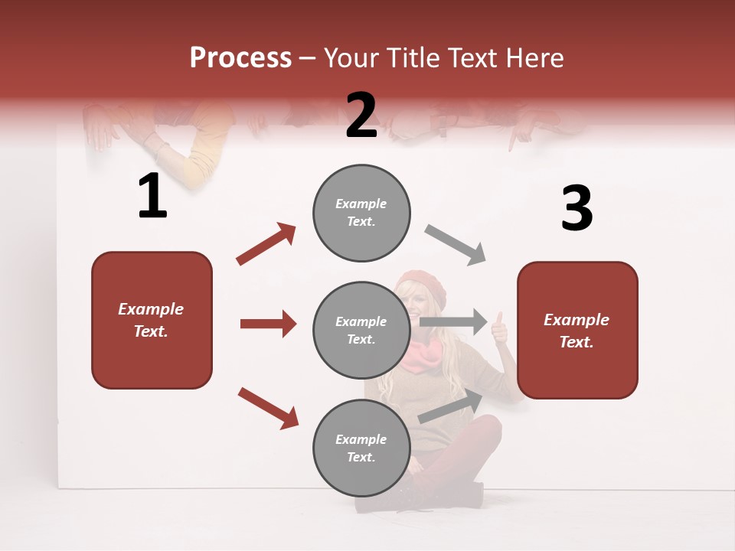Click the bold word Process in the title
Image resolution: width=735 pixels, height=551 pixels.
pos(240,57)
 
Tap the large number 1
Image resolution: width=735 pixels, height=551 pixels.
pos(152,196)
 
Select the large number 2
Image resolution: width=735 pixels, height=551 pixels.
pos(361,115)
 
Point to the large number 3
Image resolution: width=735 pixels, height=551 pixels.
pos(577,208)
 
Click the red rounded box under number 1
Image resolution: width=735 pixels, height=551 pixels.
pos(152,320)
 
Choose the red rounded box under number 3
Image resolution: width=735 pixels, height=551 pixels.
pos(577,330)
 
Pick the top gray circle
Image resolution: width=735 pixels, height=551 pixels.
pos(361,213)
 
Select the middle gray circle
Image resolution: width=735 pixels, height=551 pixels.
pos(361,330)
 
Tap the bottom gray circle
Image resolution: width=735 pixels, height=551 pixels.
pos(361,448)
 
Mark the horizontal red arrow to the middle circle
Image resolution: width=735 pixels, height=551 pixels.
pos(268,324)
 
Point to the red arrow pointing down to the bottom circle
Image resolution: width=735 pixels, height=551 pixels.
pos(268,408)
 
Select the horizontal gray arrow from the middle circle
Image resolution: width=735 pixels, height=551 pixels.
pos(453,321)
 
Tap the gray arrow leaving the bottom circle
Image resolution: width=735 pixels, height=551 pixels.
pos(451,406)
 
